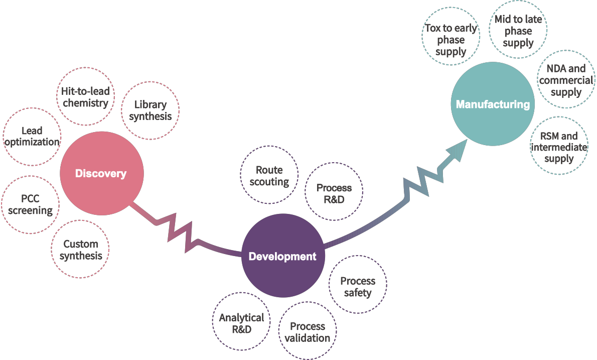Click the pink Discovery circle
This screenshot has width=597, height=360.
tap(102, 173)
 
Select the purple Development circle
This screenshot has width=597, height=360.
tap(283, 256)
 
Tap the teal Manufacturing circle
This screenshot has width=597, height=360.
tap(493, 104)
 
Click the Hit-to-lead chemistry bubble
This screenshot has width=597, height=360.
tap(85, 97)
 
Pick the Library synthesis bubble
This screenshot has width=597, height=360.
tap(151, 110)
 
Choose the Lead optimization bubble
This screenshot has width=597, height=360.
tap(32, 137)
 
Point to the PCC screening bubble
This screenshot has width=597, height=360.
tap(31, 204)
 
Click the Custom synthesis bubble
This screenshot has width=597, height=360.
tap(81, 250)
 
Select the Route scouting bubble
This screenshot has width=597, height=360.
tap(269, 175)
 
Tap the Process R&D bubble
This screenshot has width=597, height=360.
tap(334, 193)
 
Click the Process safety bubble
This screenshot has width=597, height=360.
tap(358, 286)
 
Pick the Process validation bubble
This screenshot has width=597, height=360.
tap(308, 331)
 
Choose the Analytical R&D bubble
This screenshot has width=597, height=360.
tap(241, 323)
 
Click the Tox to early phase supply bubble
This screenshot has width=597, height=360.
tap(451, 40)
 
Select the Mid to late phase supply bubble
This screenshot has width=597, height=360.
tap(518, 31)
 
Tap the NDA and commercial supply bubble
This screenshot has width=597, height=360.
tap(566, 80)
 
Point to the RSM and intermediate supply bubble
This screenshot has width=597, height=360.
tap(559, 147)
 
